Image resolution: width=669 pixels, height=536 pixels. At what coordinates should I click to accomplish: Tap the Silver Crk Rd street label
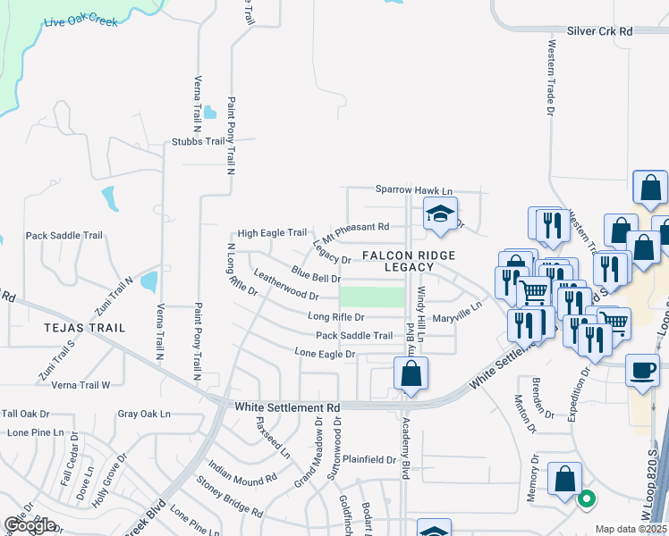599,31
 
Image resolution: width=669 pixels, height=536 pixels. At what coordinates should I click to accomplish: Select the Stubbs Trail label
199,141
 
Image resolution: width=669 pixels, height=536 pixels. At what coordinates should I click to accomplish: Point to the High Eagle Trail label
271,233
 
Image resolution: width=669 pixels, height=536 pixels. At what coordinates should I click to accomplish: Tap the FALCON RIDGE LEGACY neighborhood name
409,261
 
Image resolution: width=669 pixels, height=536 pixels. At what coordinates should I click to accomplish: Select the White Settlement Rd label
287,407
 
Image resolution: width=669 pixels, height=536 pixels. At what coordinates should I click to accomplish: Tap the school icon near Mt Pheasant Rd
439,215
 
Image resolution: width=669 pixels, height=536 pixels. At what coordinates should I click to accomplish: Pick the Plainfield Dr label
367,460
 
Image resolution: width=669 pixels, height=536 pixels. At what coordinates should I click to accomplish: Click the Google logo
30,525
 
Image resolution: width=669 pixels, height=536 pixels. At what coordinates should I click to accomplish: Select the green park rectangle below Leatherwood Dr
372,297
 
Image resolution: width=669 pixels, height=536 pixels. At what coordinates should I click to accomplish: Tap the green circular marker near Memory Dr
587,499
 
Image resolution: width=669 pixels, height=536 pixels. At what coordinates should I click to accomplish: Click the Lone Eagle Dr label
326,354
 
